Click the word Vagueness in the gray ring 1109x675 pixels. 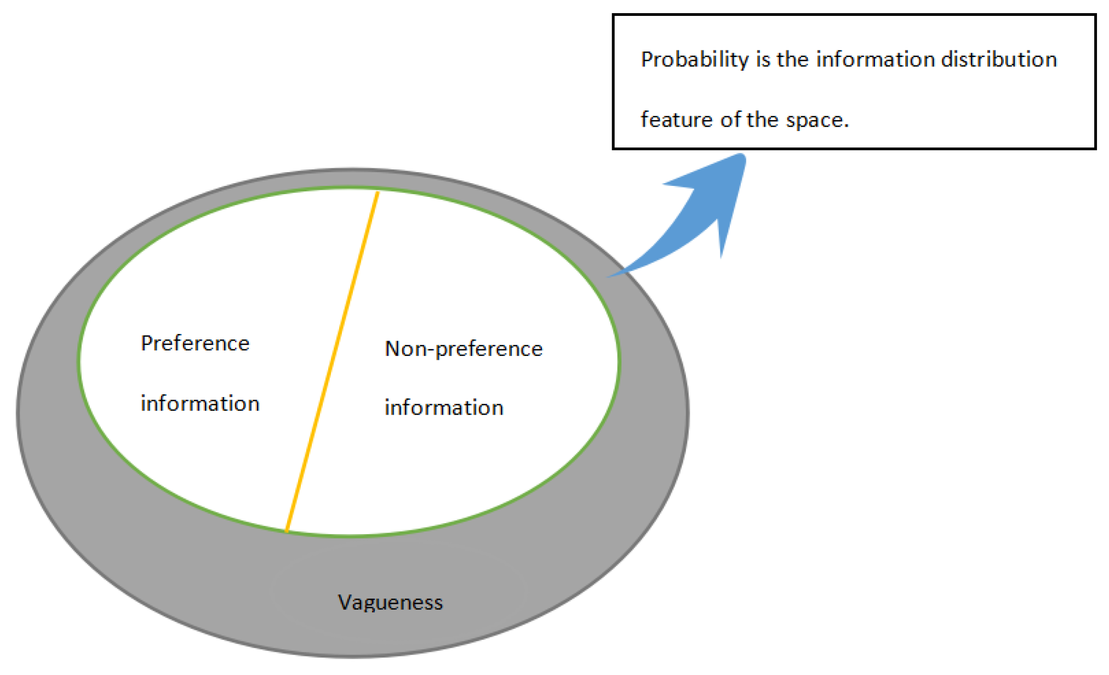click(390, 603)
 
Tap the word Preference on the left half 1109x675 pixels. click(195, 343)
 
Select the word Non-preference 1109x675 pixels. click(464, 349)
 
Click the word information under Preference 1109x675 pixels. click(200, 404)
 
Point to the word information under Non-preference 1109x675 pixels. click(444, 408)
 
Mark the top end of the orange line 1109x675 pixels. click(378, 192)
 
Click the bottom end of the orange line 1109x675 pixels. click(287, 531)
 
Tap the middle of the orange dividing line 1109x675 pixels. click(332, 362)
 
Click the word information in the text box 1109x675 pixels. click(875, 59)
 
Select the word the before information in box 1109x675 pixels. click(792, 59)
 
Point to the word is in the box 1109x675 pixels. click(763, 59)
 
